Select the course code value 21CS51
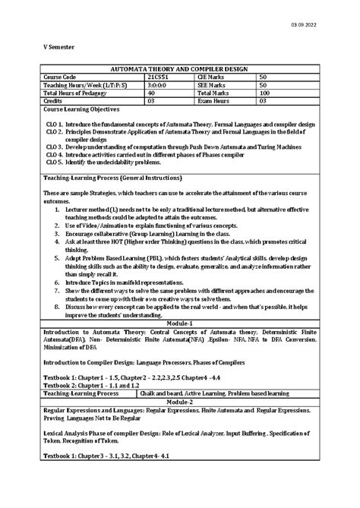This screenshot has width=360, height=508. coord(158,77)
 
